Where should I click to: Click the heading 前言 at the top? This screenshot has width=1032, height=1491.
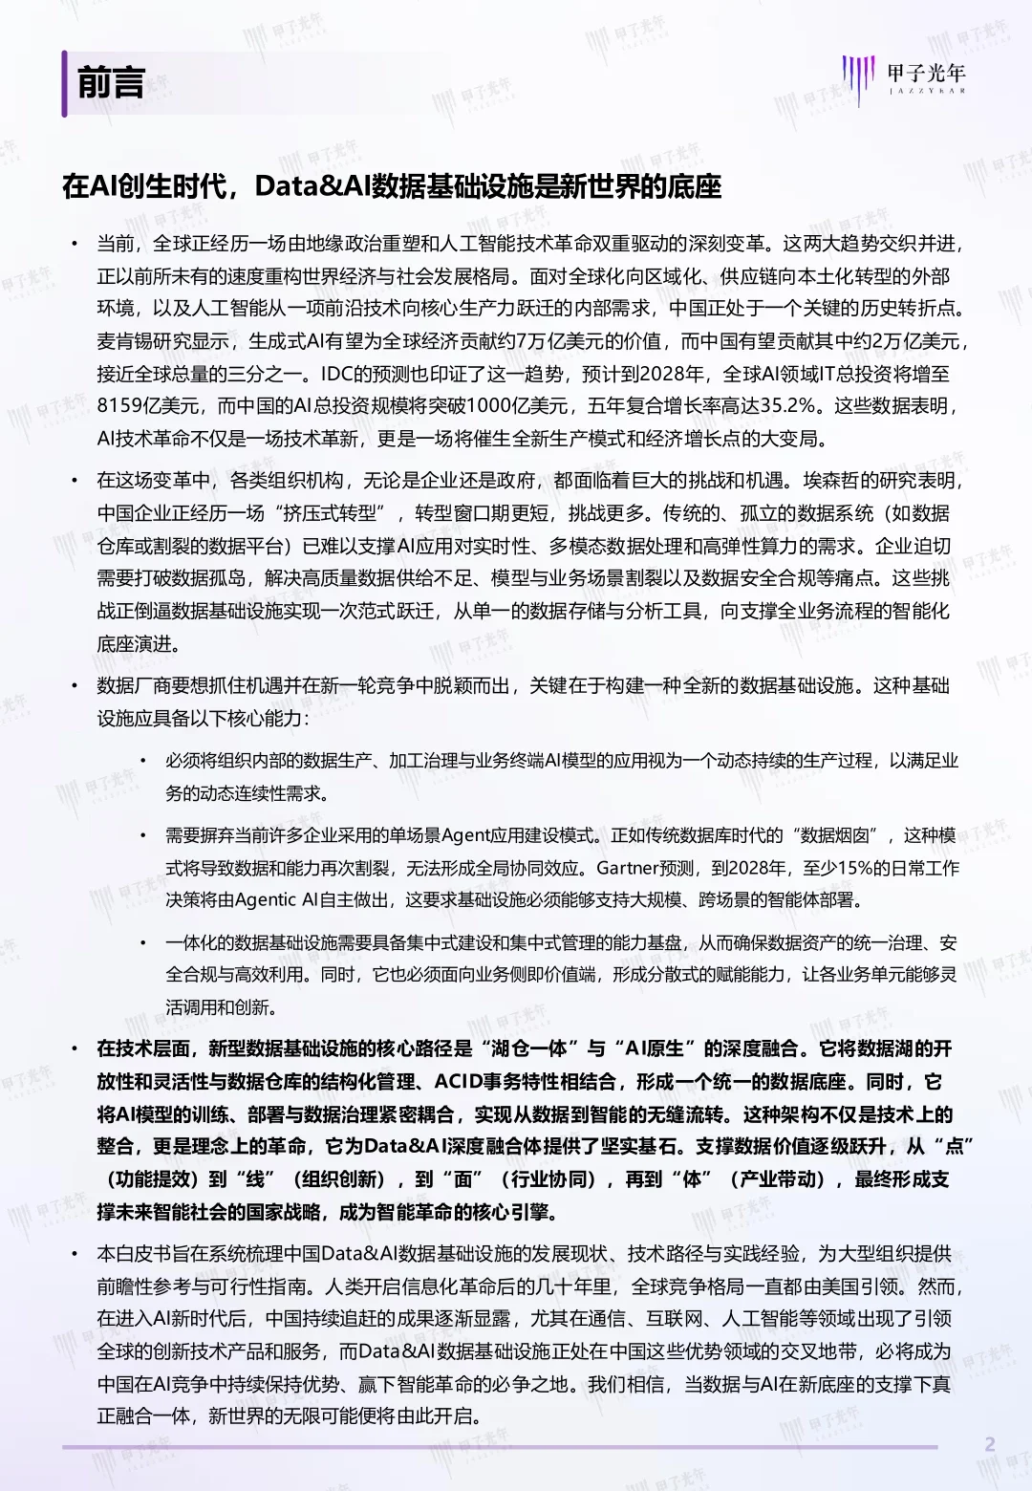110,83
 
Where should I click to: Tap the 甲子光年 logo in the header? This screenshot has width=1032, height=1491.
904,76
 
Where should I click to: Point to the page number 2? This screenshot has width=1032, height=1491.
990,1444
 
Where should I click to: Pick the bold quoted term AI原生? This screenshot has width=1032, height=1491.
655,1048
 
